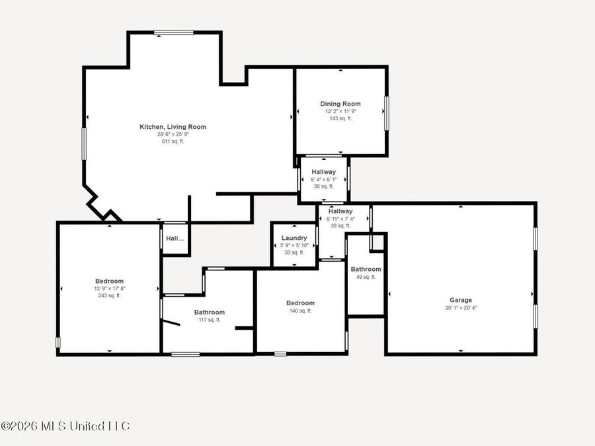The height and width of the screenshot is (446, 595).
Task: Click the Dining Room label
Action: tap(340, 104)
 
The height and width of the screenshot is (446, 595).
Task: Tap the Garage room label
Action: tap(461, 300)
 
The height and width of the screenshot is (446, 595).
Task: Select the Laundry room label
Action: tap(294, 238)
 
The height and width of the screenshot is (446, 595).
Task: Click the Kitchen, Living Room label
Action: tap(173, 127)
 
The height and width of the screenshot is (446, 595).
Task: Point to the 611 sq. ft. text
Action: tap(173, 141)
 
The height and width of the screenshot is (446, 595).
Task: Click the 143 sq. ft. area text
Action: tap(340, 118)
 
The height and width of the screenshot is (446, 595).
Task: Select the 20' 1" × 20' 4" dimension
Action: tap(461, 308)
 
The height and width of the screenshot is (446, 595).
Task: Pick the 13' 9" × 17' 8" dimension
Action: tap(109, 289)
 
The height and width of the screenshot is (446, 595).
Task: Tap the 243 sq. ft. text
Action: tap(109, 296)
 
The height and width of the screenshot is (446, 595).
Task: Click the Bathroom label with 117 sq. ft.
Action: tap(209, 312)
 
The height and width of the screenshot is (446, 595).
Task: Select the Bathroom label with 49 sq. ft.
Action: tap(366, 270)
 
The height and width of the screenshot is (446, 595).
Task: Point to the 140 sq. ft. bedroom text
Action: tap(300, 311)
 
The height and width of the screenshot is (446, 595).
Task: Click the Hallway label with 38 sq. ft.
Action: tap(323, 172)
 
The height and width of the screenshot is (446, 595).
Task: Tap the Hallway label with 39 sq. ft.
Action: tap(340, 211)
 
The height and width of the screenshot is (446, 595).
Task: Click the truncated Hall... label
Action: tap(175, 239)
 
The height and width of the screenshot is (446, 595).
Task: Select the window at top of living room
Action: tap(174, 32)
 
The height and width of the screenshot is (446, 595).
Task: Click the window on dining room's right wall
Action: tap(387, 113)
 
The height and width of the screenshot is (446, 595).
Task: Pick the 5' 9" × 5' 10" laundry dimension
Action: tap(294, 245)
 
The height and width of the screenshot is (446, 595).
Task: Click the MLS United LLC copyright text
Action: tap(65, 426)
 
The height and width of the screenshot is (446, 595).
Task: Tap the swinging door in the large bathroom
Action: tap(171, 323)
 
